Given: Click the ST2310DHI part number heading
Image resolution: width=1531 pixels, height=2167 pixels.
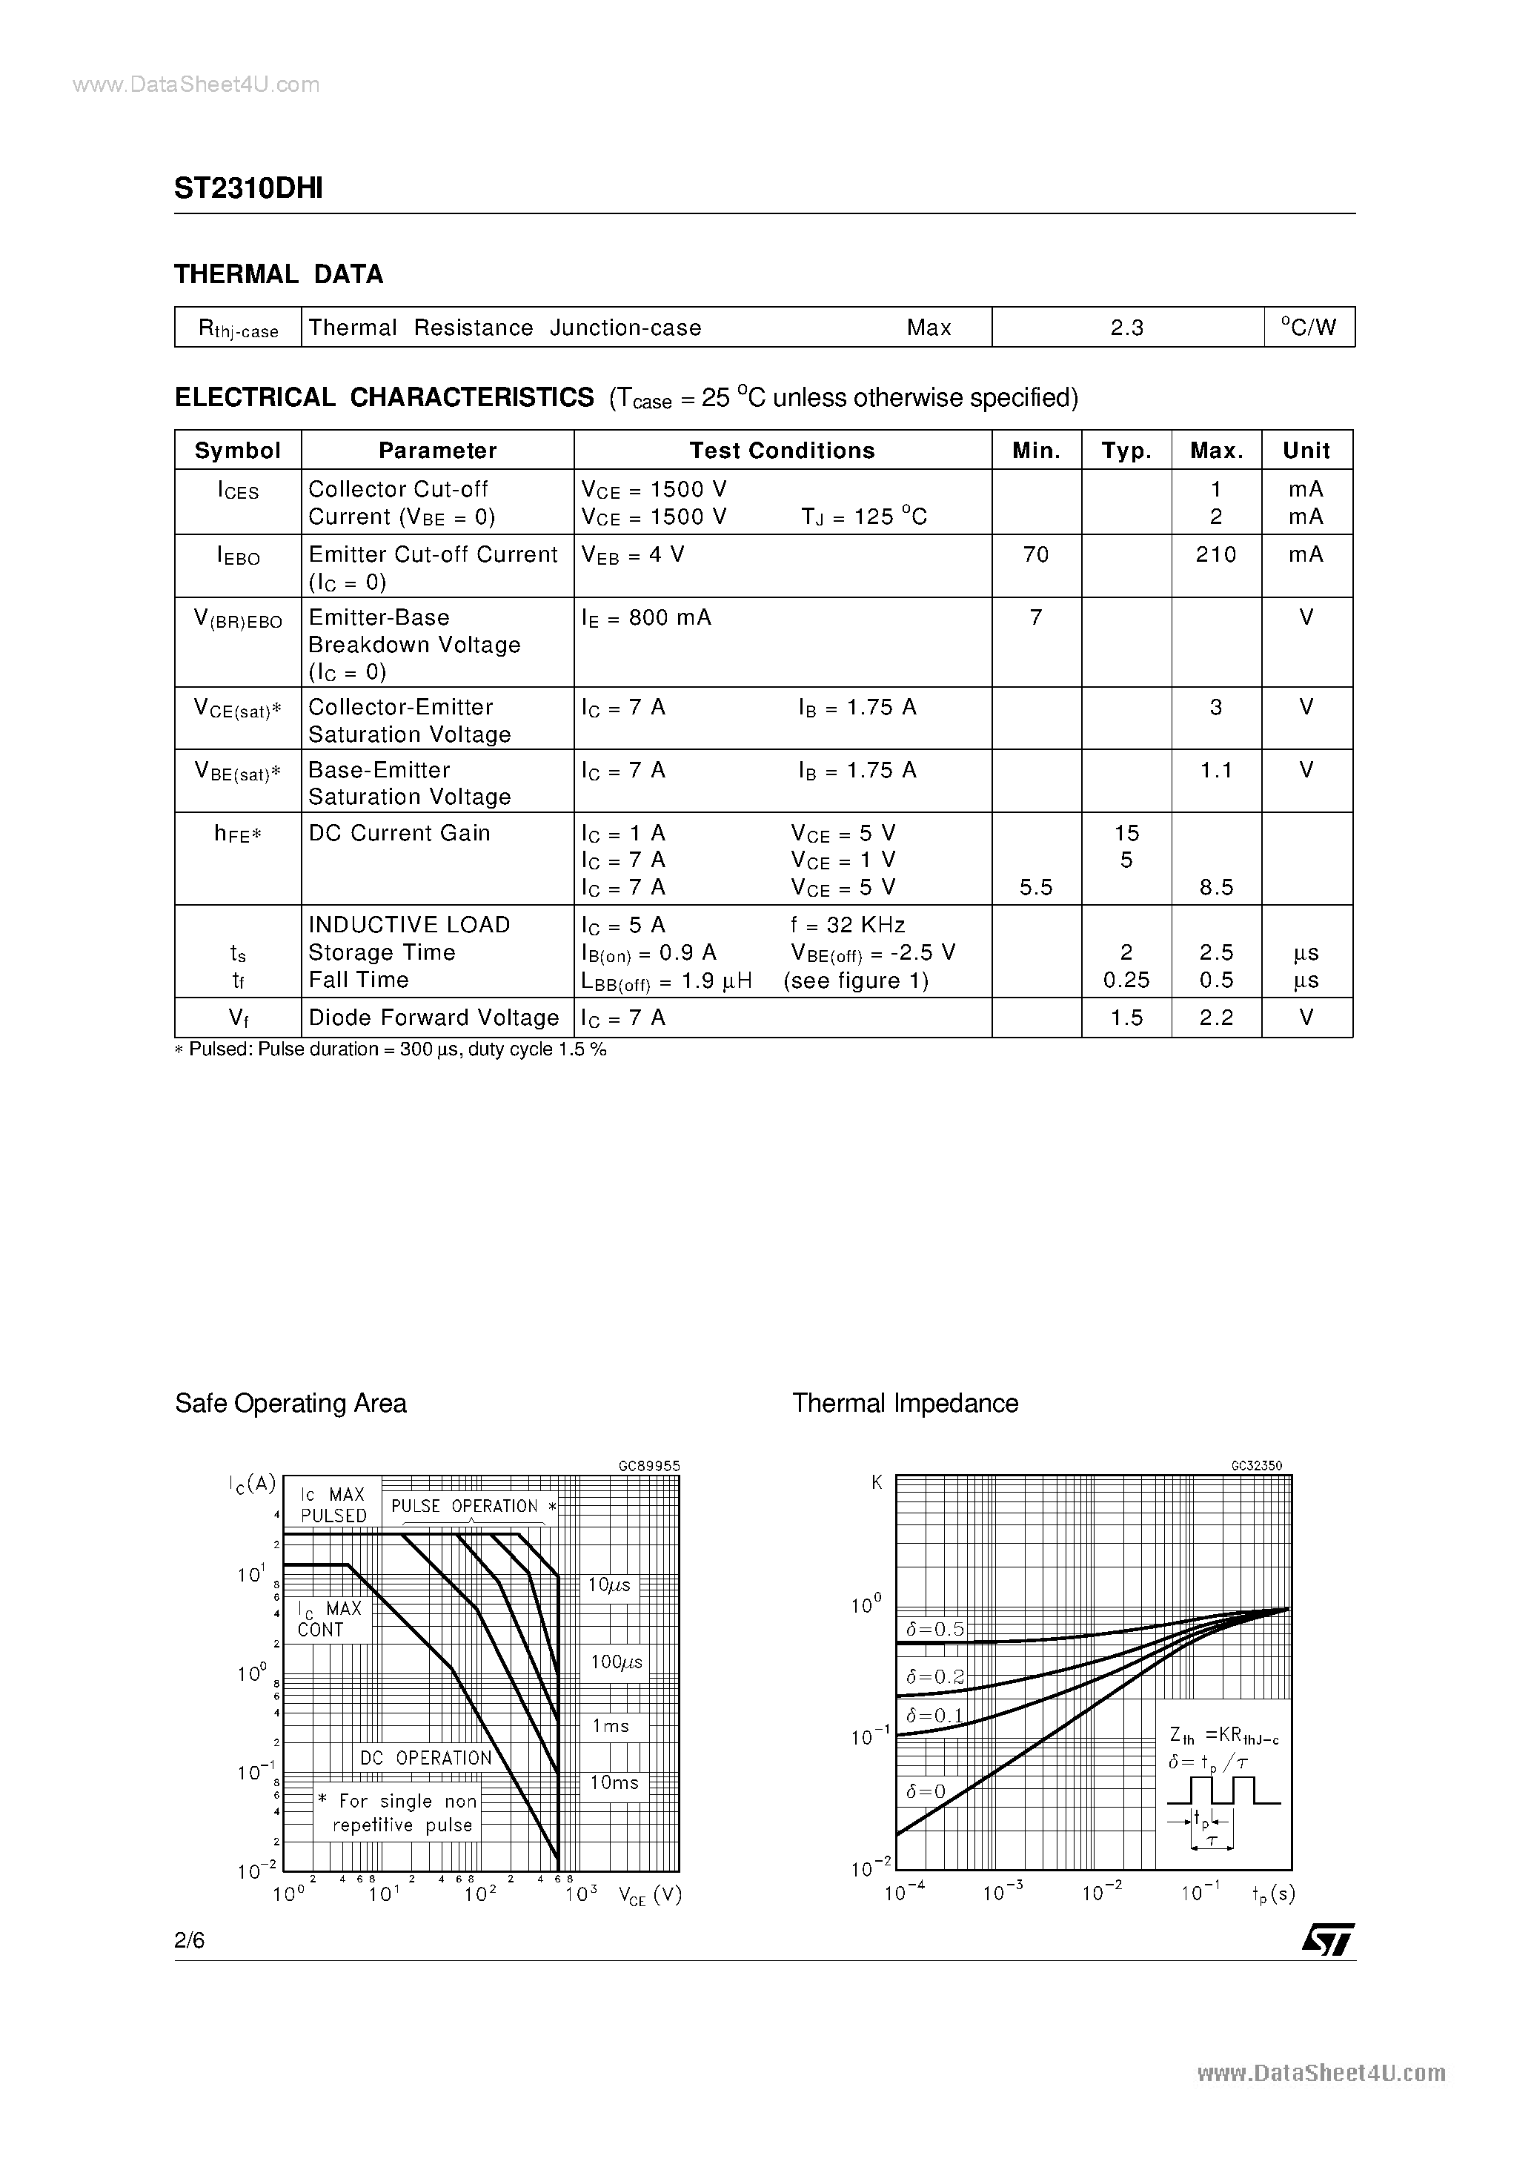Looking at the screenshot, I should point(248,189).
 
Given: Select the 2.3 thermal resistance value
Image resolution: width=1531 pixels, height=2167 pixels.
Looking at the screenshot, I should point(1127,328).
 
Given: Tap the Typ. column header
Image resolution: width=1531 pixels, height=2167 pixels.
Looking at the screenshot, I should point(1126,450).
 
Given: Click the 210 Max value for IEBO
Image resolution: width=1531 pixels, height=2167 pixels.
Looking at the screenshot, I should point(1216,554).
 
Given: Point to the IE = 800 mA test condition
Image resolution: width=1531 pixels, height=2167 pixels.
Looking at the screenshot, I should point(647,617).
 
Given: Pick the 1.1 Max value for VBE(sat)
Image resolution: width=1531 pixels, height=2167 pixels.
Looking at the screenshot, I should point(1216,770).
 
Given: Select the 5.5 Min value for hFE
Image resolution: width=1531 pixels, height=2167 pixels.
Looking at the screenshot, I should point(1035,887).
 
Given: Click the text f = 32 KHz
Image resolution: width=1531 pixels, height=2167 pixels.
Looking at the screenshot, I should point(848,925).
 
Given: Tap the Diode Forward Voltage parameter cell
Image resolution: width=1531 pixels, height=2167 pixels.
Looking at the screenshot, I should point(434,1018).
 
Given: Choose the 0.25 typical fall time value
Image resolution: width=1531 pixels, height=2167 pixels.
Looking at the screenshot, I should point(1126,980).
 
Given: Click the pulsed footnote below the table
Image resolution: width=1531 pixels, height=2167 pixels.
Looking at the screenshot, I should point(391,1049).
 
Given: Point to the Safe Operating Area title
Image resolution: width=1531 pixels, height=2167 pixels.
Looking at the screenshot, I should point(290,1404).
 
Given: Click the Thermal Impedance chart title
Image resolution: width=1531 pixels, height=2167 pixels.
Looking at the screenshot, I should point(906,1404).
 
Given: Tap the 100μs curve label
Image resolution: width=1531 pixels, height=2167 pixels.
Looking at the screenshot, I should point(617,1662).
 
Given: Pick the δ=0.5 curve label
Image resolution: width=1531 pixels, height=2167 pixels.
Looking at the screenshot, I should point(935,1629).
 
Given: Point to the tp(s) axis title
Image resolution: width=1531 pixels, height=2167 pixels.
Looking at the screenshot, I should point(1273,1894).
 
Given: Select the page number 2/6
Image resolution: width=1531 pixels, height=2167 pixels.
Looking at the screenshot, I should point(190,1940).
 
